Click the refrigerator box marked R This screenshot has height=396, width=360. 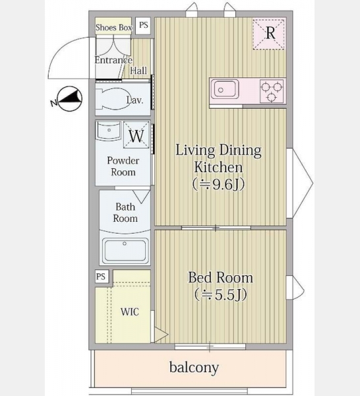268,34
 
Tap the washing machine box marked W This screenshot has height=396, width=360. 136,135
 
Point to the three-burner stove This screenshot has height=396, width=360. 272,91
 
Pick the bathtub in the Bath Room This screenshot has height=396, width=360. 125,250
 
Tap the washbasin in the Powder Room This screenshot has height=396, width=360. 108,131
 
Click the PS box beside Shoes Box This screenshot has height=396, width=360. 143,26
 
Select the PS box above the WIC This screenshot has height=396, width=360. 102,277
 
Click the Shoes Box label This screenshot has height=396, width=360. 114,27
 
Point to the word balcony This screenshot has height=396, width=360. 194,368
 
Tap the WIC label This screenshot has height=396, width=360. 130,312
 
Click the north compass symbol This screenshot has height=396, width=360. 70,99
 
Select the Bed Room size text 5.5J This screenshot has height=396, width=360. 220,295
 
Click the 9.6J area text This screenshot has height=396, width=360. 218,185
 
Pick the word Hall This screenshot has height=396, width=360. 138,71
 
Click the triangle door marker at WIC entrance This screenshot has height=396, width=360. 161,335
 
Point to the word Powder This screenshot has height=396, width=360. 123,161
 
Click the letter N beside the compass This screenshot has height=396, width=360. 53,103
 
